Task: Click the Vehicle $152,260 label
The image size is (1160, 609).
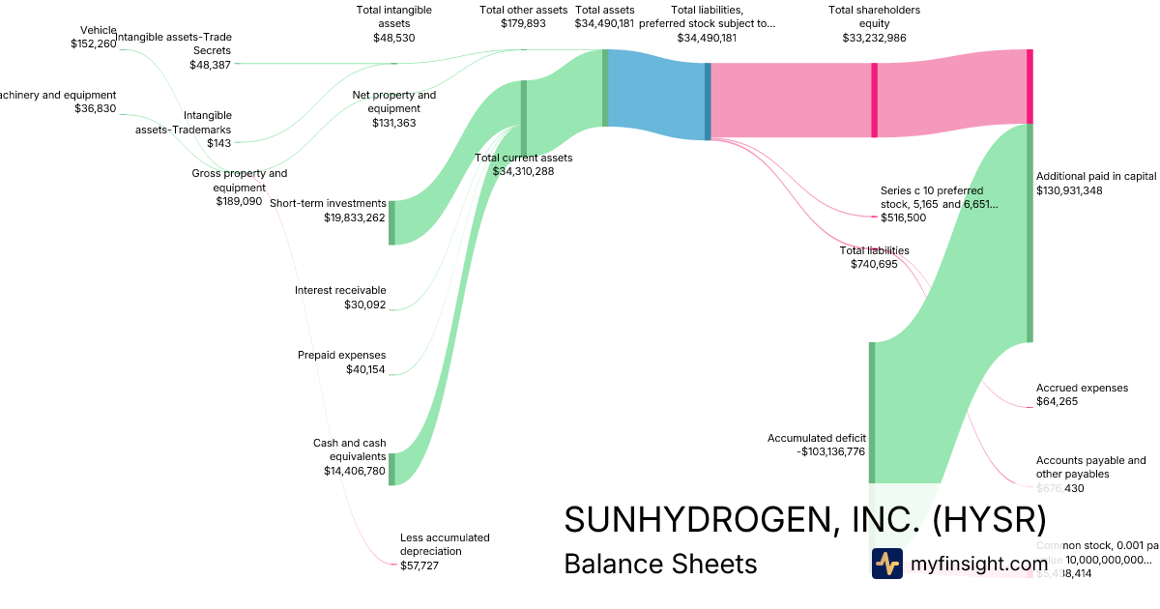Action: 93,37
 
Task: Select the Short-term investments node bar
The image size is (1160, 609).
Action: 391,221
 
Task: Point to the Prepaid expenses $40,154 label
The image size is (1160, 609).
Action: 341,362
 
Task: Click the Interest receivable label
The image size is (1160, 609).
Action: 340,297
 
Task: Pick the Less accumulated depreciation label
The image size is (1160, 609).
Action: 445,551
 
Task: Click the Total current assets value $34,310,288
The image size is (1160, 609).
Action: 523,171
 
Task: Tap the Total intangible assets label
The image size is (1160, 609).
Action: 393,23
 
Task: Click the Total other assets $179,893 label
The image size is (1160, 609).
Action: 523,16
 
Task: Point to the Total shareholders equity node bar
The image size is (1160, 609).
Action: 875,100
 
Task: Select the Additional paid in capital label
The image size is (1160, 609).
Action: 1095,184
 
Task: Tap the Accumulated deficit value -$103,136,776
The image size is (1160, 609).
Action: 817,450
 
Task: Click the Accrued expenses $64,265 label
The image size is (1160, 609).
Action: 1082,394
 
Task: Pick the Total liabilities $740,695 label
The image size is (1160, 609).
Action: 874,257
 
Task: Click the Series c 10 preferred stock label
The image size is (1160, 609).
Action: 939,204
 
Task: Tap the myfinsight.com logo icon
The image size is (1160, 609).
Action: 886,564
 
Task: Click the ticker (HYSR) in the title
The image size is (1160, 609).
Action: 989,519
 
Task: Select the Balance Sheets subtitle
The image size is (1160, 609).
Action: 660,564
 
